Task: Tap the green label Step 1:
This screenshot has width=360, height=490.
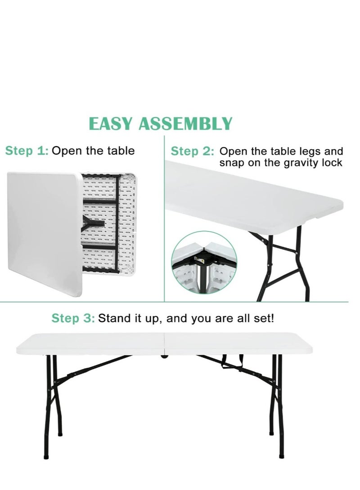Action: (x=27, y=151)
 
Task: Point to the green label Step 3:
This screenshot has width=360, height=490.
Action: (x=73, y=319)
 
